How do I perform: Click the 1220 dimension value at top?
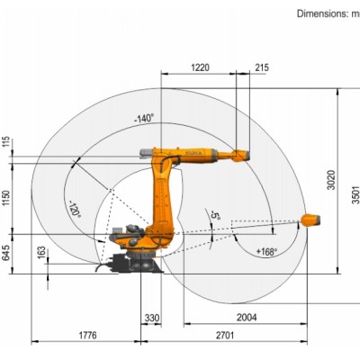[x=199, y=67]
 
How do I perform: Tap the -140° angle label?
[x=143, y=118]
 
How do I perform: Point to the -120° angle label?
[x=75, y=210]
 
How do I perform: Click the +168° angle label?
[x=266, y=251]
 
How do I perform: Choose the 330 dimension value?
[x=152, y=319]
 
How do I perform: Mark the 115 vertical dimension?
[x=8, y=142]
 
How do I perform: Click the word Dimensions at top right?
[x=321, y=13]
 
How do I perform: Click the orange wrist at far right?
[x=309, y=219]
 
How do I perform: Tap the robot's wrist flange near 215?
[x=239, y=155]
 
